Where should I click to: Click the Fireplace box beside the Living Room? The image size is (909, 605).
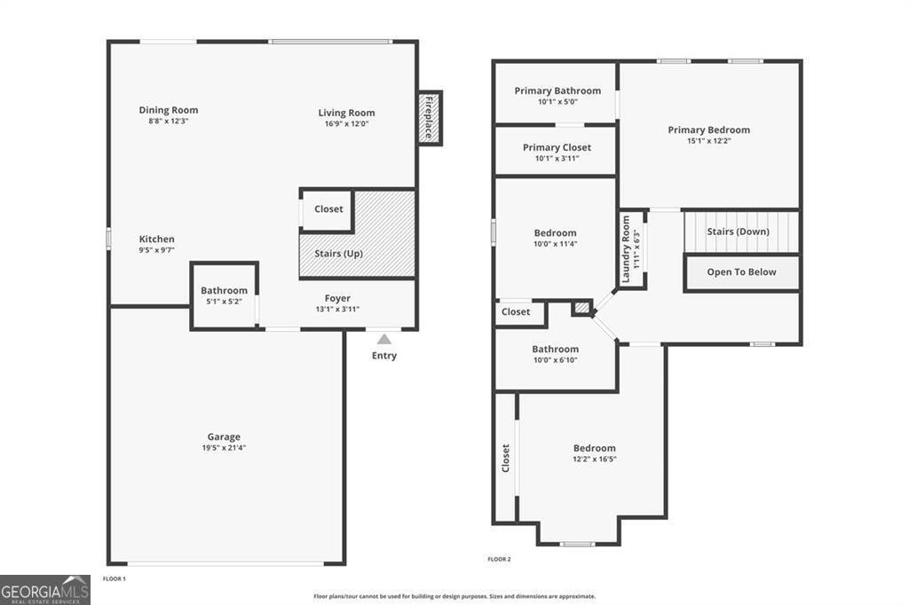tap(430, 118)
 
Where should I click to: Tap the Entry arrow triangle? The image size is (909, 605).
tap(384, 339)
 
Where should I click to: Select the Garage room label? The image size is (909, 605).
tap(224, 436)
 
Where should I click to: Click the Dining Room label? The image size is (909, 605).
tap(168, 110)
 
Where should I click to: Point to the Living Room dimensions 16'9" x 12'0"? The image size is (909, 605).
tap(346, 124)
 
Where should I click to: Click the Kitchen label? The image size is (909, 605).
tap(156, 239)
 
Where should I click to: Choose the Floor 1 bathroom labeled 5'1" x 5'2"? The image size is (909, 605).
tap(224, 295)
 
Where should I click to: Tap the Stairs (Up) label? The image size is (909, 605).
tap(338, 254)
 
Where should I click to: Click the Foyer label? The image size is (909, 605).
tap(337, 298)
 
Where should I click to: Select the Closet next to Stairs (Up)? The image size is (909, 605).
tap(328, 209)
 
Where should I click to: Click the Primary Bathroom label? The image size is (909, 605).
tap(557, 90)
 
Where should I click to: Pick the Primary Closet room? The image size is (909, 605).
tap(557, 152)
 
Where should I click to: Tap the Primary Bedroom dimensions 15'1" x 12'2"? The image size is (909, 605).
tap(708, 140)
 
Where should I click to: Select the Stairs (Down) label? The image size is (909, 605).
tap(738, 232)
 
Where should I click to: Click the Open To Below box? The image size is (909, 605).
tap(741, 272)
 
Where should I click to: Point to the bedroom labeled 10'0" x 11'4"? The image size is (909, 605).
tap(555, 238)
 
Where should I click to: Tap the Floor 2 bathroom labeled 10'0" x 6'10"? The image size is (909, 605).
tap(555, 354)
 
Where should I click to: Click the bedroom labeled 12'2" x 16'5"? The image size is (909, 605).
tap(594, 453)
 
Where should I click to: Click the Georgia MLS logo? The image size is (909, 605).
tap(45, 590)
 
